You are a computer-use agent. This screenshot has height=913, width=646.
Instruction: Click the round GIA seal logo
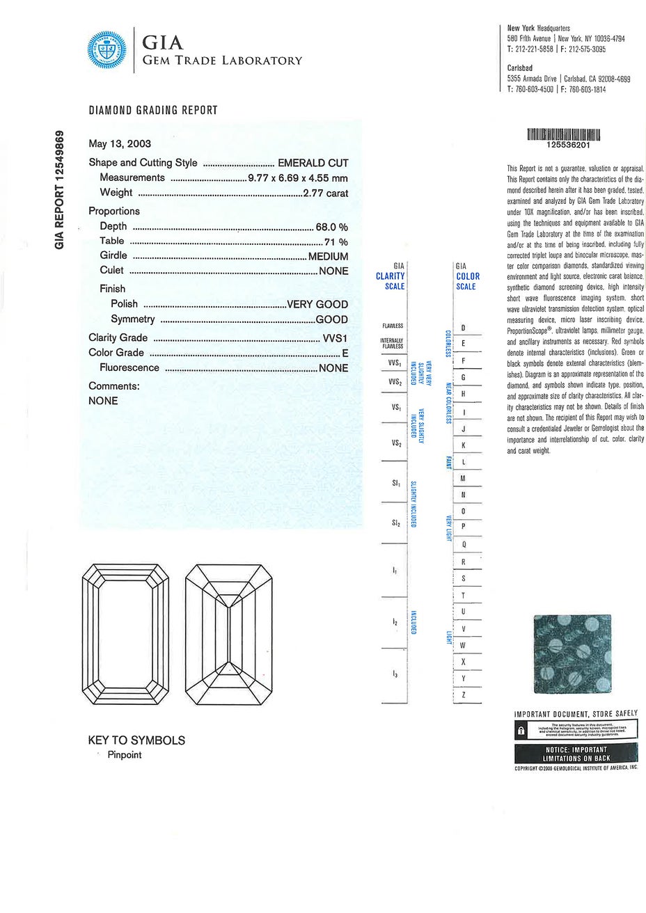[108, 51]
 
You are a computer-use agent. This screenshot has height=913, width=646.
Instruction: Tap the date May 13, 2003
[120, 144]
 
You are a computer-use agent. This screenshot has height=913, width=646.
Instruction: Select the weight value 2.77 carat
[325, 193]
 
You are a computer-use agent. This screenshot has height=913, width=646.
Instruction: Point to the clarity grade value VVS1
[334, 338]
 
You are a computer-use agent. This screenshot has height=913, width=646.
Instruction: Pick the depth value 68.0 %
[331, 226]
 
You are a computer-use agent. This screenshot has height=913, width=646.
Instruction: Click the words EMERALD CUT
[313, 163]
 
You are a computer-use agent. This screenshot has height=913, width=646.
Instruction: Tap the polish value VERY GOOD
[317, 304]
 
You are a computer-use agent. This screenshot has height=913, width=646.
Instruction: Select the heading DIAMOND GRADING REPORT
[153, 110]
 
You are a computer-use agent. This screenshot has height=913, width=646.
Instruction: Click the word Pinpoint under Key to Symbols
[124, 755]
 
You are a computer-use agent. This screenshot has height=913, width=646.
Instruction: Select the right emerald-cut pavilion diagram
[229, 633]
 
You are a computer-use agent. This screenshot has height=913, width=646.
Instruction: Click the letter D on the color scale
[463, 328]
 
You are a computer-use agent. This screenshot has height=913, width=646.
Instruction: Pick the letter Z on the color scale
[463, 694]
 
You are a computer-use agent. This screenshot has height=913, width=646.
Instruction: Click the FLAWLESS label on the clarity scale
[392, 326]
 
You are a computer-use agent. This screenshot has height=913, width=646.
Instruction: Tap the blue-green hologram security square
[572, 653]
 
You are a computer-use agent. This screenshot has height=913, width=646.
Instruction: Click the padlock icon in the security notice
[521, 731]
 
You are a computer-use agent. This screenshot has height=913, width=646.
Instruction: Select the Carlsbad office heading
[520, 68]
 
